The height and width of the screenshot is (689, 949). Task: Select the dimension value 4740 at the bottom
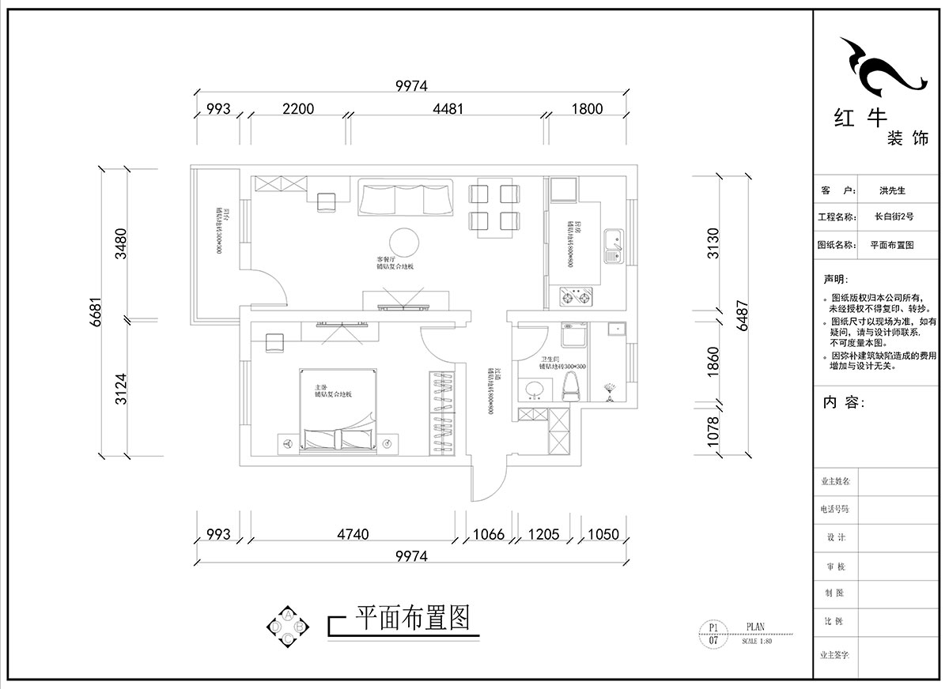pyautogui.click(x=353, y=535)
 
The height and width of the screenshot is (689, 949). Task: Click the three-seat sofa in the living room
pyautogui.click(x=406, y=198)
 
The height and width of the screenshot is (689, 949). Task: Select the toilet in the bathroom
pyautogui.click(x=573, y=387)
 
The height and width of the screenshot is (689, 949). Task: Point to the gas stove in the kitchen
pyautogui.click(x=576, y=297)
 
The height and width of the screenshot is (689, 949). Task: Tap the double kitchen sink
pyautogui.click(x=613, y=246)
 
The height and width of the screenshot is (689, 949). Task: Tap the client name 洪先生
pyautogui.click(x=892, y=190)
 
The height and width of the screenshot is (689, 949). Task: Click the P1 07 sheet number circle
pyautogui.click(x=713, y=634)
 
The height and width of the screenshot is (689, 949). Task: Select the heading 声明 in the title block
pyautogui.click(x=835, y=280)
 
